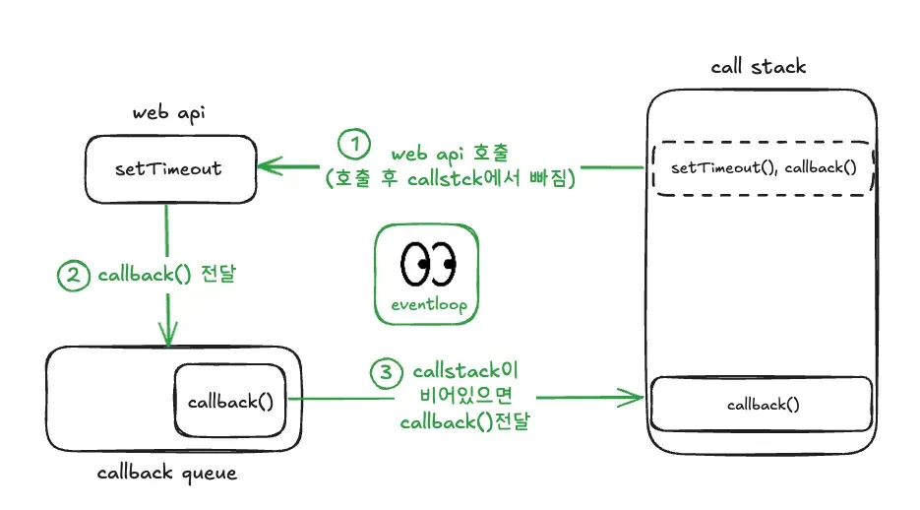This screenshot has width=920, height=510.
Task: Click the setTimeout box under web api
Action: click(168, 167)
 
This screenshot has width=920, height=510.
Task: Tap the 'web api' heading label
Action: click(168, 112)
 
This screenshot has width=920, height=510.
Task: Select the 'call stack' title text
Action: click(758, 67)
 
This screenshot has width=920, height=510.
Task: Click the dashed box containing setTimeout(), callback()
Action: click(764, 167)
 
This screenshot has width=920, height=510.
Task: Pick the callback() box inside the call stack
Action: click(762, 404)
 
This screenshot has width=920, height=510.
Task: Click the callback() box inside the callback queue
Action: click(230, 401)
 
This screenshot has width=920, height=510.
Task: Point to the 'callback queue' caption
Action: click(167, 473)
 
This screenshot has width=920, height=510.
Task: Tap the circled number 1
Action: click(354, 144)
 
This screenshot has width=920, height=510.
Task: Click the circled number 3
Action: click(386, 373)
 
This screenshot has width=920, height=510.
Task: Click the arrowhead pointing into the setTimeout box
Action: click(269, 167)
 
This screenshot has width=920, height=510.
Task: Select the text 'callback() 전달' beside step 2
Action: click(166, 276)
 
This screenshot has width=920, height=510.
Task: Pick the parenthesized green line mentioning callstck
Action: click(451, 180)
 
